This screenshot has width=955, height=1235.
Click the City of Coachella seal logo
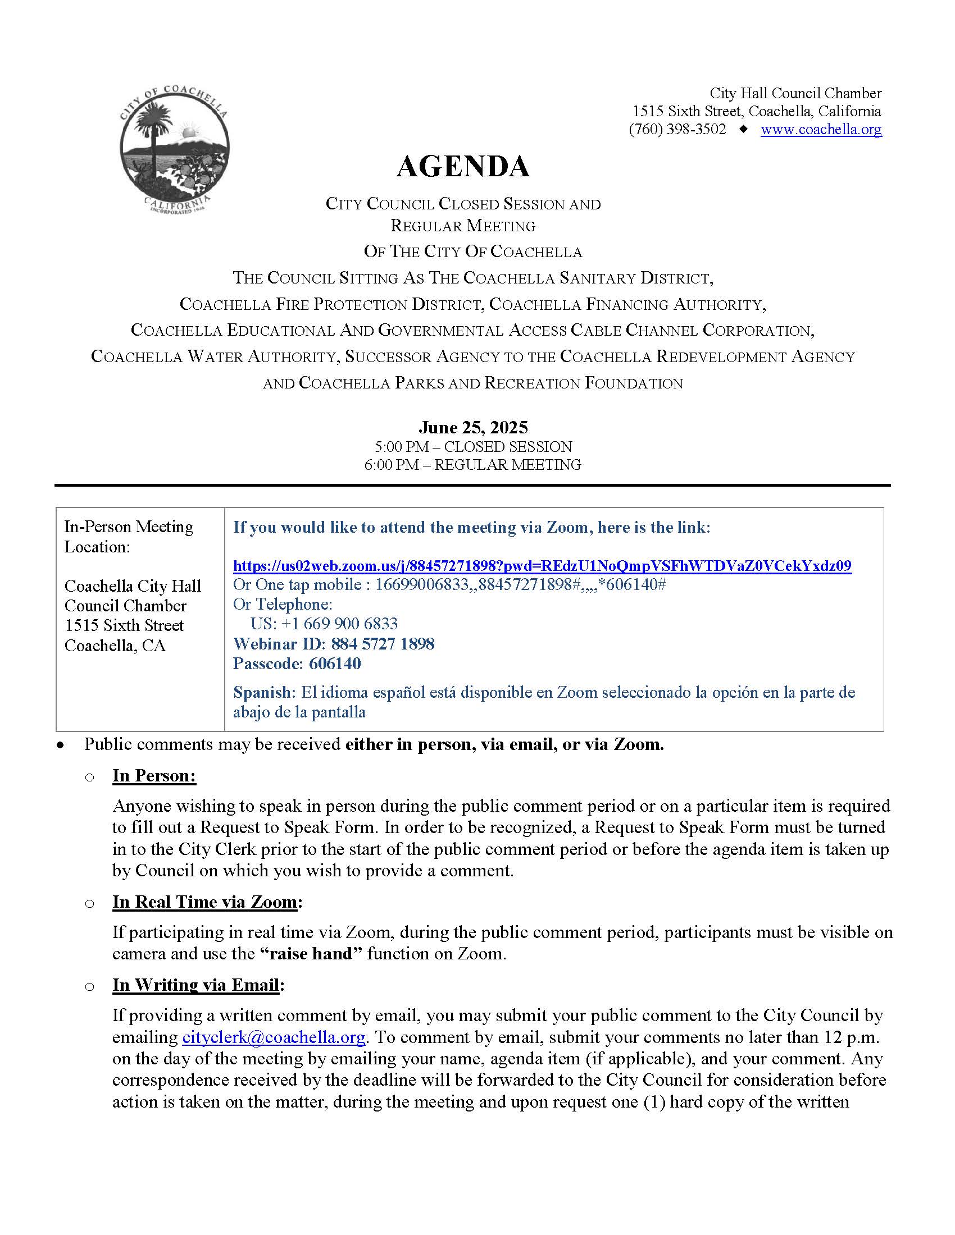coord(174,149)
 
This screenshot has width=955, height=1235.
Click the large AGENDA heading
coord(463,166)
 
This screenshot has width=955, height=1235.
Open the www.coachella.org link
coord(820,130)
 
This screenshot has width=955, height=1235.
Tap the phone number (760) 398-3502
coord(677,130)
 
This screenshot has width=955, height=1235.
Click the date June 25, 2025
coord(473,427)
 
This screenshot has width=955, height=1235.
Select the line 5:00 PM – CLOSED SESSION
coord(473,447)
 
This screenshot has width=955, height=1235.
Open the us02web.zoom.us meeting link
coord(542,565)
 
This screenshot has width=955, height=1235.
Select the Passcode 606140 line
coord(297,664)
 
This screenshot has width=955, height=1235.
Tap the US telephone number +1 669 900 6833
coord(324,624)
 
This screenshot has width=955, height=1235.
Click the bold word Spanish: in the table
coord(264,692)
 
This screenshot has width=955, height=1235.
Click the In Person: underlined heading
coord(154,775)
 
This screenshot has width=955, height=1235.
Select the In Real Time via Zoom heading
coord(205,902)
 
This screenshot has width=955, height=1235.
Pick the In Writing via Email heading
coord(195,985)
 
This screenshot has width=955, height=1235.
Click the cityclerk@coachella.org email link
coord(273,1037)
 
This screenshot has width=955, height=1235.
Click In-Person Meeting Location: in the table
coord(129,537)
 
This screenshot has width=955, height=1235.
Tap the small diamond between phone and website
coord(743,130)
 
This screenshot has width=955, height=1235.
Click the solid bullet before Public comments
coord(60,746)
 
